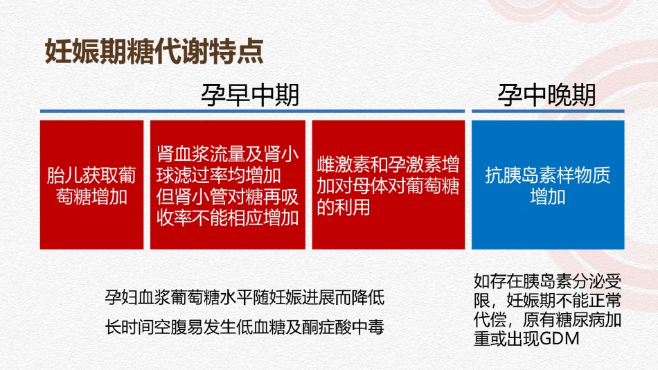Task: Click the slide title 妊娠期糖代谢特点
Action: pos(154,51)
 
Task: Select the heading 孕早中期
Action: pos(250,95)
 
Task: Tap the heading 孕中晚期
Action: pos(546,95)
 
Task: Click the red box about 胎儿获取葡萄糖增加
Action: pos(91,185)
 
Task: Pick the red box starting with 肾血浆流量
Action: pos(227,185)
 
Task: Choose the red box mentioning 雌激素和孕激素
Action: pos(388,185)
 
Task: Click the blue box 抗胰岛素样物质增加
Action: pos(548,185)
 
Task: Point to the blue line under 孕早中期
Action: pos(252,112)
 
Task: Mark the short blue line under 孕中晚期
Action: pos(548,112)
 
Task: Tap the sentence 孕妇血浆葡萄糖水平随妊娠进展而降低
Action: pos(244,297)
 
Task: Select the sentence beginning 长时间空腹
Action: pos(244,327)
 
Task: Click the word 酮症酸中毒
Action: pos(343,327)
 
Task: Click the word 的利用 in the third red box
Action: pos(344,207)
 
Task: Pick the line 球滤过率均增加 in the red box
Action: pos(219,175)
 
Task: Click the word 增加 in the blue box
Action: pos(548,197)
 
